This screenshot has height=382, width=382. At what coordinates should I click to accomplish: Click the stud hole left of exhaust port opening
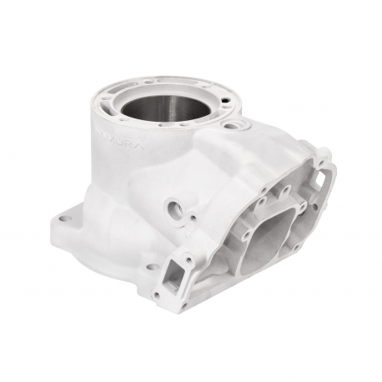(x=219, y=199)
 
